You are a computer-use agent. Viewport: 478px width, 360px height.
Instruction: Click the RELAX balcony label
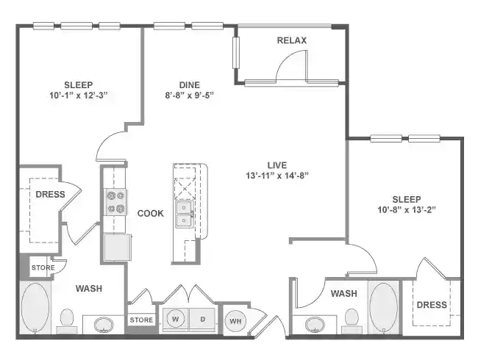tap(291, 40)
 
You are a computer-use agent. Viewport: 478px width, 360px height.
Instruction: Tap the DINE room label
tap(190, 84)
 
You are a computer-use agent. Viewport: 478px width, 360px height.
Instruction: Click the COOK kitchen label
tap(150, 213)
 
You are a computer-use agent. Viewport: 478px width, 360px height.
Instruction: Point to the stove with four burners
tap(115, 202)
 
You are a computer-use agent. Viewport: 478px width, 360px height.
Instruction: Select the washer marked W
tap(175, 320)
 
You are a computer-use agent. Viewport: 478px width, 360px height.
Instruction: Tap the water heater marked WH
tap(235, 320)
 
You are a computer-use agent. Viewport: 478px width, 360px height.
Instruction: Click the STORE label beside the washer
tap(141, 320)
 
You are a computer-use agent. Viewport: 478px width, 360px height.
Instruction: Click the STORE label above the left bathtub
tap(43, 268)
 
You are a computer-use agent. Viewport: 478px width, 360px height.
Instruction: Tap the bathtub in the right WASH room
tap(383, 307)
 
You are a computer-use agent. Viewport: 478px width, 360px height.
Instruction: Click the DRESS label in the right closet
tap(432, 304)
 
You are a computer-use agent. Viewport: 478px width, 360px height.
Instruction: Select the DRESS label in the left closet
tap(50, 195)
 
